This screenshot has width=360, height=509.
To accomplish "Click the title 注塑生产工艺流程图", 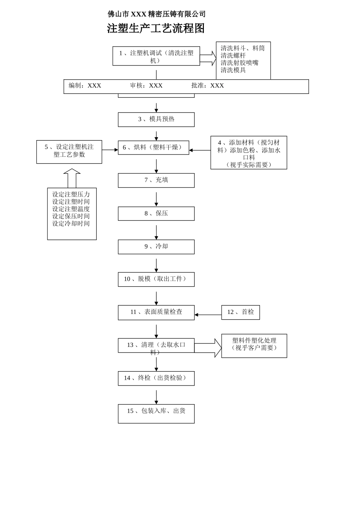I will pos(156,28).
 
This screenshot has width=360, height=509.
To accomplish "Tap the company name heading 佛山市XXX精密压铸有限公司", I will pos(157,14).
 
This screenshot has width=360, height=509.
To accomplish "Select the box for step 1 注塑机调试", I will pos(156,56).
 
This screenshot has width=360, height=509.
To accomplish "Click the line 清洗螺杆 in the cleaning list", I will pos(233,56).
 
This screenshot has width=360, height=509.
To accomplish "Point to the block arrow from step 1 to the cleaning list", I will pos(208,58).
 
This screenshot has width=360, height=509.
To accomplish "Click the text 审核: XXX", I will pos(146,86).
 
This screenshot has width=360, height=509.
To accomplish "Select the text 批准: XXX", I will pos(208,86).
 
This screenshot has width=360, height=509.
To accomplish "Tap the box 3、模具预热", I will pos(156,120).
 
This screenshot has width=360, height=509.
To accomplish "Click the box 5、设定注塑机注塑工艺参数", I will pos(69,151).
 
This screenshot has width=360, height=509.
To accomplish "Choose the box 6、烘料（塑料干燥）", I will pos(153,148).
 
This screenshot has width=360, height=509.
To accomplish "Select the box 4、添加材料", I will pos(249,153).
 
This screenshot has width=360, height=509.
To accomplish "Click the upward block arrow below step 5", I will pos(72,178).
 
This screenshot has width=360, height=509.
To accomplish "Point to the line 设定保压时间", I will pos(71,217).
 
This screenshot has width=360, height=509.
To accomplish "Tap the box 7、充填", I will pos(156,181).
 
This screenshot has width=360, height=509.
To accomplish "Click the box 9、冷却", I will pos(156,247).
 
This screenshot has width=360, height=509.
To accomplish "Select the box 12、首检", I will pos(241,312).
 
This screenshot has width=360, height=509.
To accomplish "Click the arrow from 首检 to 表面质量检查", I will pos(208,315).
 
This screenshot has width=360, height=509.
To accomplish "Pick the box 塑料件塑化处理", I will pos(254,345).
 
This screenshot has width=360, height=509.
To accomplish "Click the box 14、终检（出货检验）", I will pos(156,378).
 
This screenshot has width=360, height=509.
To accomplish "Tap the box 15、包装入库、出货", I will pos(156,414).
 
